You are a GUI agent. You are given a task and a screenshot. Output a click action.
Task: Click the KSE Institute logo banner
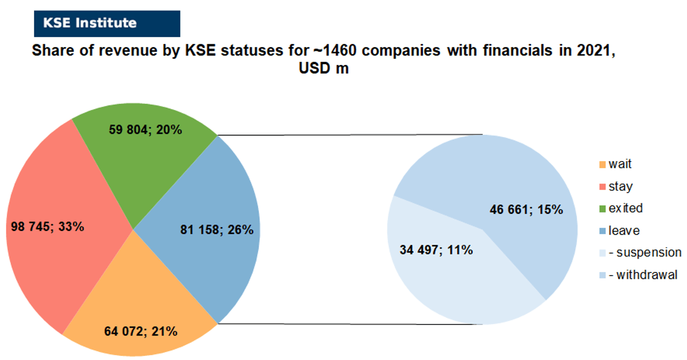tap(107, 23)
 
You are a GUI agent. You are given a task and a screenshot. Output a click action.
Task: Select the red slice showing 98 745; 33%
tap(61, 227)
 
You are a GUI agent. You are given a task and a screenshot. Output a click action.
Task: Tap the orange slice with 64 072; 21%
tap(140, 319)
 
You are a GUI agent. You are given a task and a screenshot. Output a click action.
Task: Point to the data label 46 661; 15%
tap(526, 210)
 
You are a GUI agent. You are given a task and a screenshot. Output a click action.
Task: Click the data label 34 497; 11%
tap(436, 250)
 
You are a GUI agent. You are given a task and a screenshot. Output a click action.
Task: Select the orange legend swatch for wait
tap(602, 165)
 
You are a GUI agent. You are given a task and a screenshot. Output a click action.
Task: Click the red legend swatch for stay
tap(602, 187)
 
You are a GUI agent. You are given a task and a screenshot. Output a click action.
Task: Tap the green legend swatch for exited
tap(602, 209)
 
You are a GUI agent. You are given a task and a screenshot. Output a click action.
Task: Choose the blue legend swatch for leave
tap(602, 231)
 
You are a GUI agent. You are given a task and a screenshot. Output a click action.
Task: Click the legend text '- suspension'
tap(645, 252)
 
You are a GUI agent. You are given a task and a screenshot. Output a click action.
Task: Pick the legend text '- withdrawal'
tap(643, 275)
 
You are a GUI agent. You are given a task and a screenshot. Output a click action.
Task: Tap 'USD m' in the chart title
tap(324, 68)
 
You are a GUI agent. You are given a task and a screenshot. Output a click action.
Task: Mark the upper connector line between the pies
tap(350, 135)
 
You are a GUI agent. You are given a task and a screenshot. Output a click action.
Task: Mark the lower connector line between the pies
tap(350, 324)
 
